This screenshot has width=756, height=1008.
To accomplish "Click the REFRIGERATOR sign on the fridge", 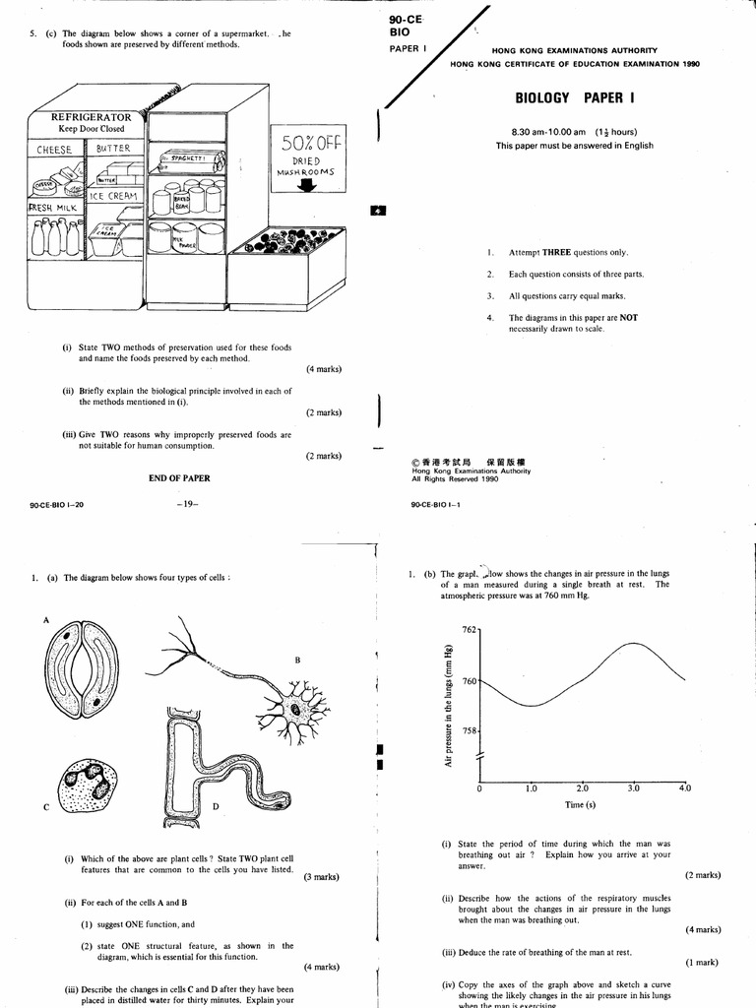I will click(x=85, y=117).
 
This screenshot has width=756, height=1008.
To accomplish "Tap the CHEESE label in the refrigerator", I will click(x=56, y=150).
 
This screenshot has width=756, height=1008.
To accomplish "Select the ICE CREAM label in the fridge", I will click(x=115, y=196).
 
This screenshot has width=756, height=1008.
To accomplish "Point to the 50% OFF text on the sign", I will click(x=310, y=142).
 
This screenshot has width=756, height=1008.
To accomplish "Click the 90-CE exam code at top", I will click(x=406, y=20).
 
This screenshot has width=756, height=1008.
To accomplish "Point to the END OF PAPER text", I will click(x=178, y=477).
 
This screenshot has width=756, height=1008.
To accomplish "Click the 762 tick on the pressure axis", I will click(x=469, y=629).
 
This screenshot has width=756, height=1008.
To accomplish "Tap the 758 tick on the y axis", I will click(x=469, y=731).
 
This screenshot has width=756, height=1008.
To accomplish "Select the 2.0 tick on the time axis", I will click(x=582, y=788).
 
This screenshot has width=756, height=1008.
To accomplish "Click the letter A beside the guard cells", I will click(x=45, y=620).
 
